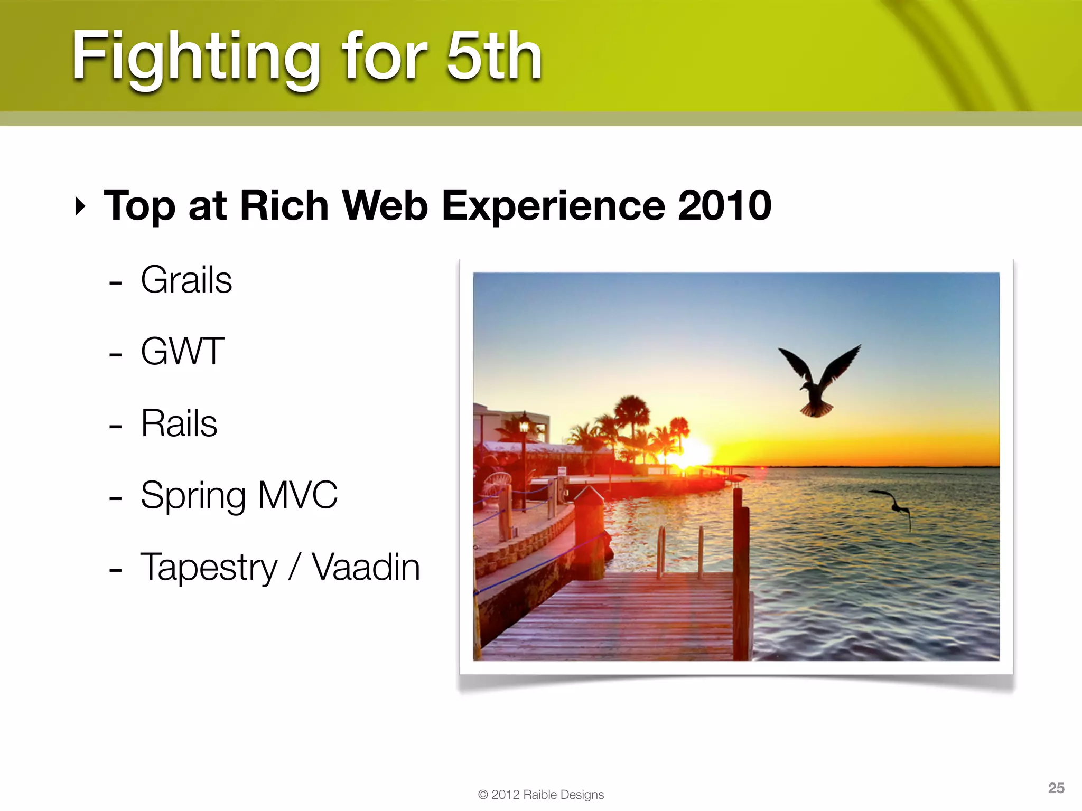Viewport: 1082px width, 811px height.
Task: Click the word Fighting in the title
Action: pyautogui.click(x=195, y=57)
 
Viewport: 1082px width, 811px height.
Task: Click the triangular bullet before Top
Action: pyautogui.click(x=80, y=206)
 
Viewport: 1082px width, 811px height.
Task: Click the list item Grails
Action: pyautogui.click(x=186, y=280)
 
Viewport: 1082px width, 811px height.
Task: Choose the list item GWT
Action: pyautogui.click(x=182, y=351)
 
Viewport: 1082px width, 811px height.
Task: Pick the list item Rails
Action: pyautogui.click(x=179, y=423)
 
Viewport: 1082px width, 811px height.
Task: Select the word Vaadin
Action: pyautogui.click(x=366, y=567)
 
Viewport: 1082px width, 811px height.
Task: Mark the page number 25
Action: pyautogui.click(x=1056, y=788)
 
